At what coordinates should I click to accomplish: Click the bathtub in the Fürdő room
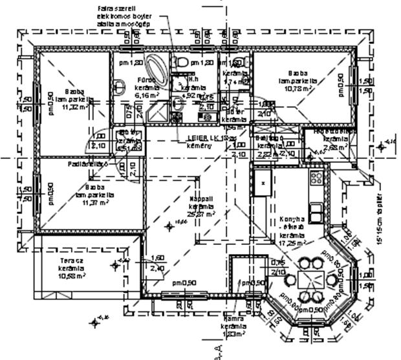(155, 70)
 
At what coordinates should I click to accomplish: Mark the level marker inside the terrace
(116, 264)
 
